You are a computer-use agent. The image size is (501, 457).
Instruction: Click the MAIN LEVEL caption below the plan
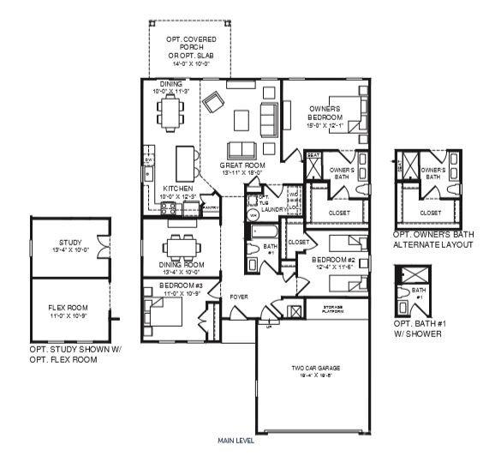click(236, 442)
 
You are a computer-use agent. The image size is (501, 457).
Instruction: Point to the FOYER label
click(238, 298)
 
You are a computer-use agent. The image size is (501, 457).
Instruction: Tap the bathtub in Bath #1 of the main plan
click(259, 231)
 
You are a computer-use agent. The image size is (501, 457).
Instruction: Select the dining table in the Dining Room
click(181, 247)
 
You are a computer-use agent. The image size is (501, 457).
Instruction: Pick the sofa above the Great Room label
click(247, 146)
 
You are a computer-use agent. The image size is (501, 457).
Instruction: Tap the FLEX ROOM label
click(69, 309)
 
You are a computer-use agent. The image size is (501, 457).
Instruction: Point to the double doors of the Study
click(104, 247)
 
